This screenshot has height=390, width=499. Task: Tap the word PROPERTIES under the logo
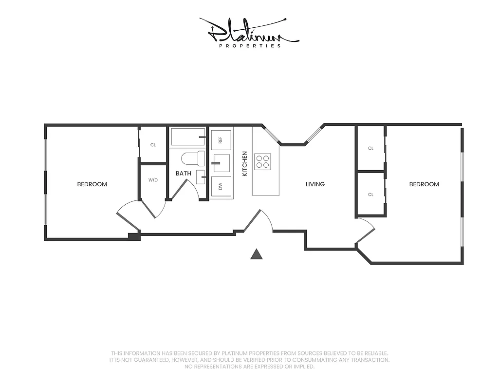pos(250,46)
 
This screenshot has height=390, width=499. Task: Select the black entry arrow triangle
pos(257,254)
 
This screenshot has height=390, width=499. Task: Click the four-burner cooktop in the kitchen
pos(263,161)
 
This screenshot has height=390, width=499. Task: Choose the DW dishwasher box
pos(221,186)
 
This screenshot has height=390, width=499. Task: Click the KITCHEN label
pos(244,164)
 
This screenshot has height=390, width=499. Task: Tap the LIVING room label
pos(315,184)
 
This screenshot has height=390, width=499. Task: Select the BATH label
pos(183,174)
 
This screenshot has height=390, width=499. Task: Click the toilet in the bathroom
pos(193,158)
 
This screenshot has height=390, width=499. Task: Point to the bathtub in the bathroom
pos(187,137)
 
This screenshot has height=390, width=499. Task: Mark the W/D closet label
pos(153,180)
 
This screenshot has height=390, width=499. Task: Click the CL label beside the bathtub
pos(153,145)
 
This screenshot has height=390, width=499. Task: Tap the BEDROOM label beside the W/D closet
pos(92,184)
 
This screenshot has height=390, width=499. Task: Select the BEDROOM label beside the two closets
pos(424,184)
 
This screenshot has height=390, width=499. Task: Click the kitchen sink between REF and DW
pos(222,163)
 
